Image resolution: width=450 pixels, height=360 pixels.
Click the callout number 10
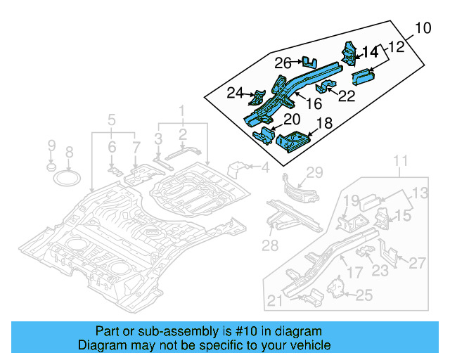(x=422, y=29)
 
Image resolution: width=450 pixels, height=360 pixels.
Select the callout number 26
(x=283, y=63)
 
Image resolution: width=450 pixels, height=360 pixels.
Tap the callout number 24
(x=235, y=93)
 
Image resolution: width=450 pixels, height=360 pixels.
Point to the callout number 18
(x=325, y=124)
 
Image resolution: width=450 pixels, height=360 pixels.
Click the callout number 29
(x=314, y=172)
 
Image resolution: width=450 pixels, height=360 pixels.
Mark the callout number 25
(x=364, y=296)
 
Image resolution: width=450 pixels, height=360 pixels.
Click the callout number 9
(x=51, y=146)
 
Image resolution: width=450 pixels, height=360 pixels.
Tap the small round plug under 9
(x=51, y=168)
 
